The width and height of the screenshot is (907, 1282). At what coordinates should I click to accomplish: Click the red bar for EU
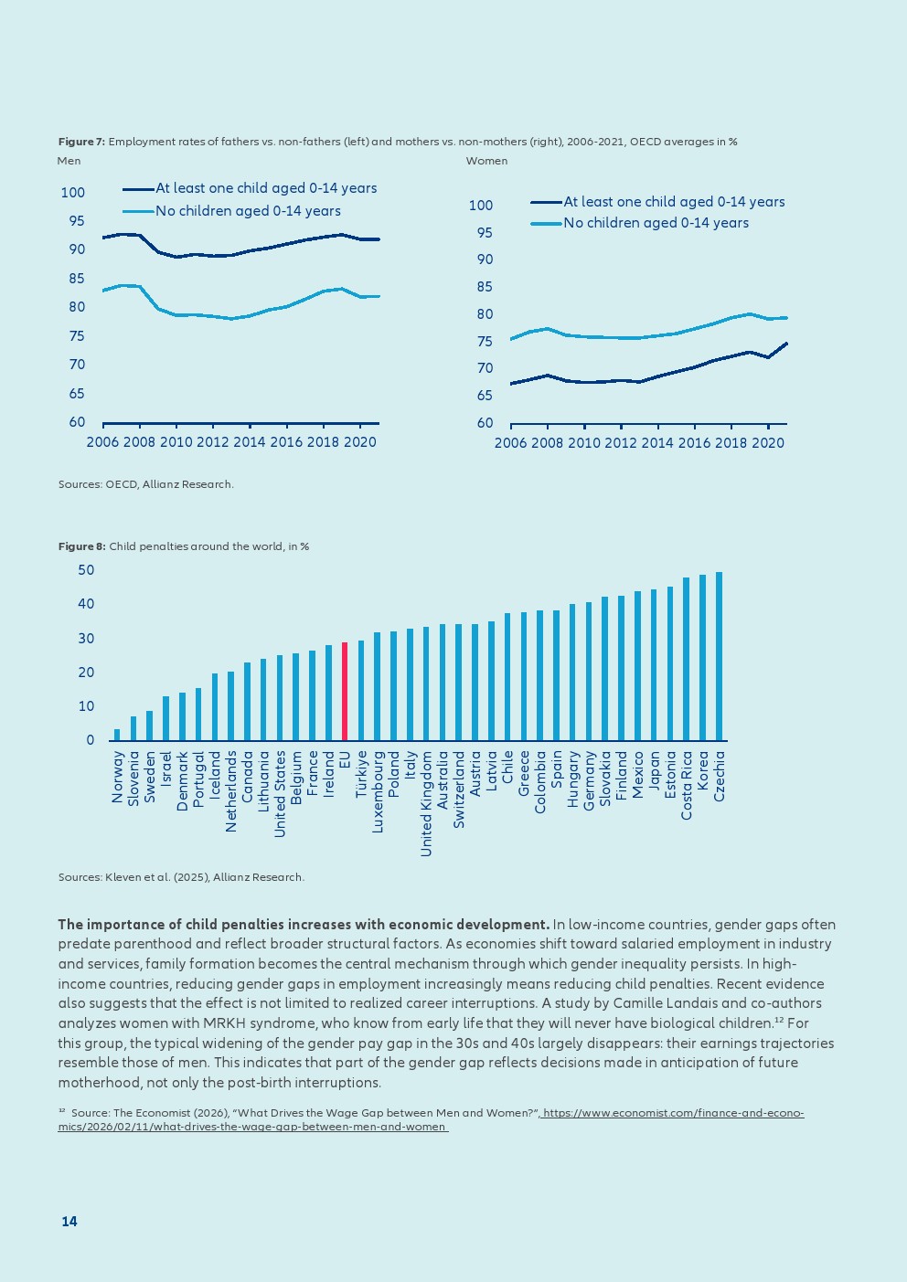point(345,692)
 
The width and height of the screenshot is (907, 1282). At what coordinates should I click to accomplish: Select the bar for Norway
point(117,735)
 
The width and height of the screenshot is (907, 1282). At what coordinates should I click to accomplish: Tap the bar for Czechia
point(719,656)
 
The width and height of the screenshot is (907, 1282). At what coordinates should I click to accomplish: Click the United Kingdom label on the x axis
point(426,803)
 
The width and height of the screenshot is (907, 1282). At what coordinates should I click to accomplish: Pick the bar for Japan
point(654,665)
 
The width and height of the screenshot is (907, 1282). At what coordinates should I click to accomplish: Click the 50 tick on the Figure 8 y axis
point(86,570)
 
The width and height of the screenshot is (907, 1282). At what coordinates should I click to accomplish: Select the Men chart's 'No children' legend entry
point(248,211)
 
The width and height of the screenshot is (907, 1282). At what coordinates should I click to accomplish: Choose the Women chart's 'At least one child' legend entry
point(674,202)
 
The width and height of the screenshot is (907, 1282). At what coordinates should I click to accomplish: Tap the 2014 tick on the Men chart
point(249,442)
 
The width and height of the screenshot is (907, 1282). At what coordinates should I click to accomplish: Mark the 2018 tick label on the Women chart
point(731,443)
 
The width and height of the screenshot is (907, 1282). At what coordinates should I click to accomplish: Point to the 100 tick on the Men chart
point(73,193)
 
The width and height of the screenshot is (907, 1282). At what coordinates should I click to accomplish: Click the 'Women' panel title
point(486,161)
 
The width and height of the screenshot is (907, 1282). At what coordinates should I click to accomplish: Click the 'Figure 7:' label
point(81,142)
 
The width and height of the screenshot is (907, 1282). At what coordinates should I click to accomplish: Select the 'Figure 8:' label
point(81,546)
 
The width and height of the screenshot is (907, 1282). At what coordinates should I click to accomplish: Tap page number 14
point(69,1222)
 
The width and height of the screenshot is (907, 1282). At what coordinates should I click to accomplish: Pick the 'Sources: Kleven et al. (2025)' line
point(181,877)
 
